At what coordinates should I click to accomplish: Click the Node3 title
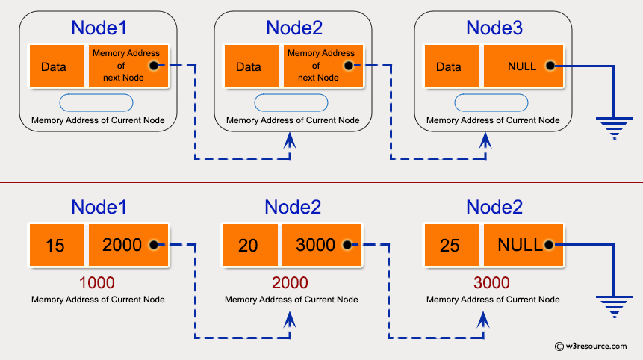(x=494, y=28)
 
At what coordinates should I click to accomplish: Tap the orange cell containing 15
(x=55, y=245)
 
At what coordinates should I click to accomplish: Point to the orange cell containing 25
(x=450, y=245)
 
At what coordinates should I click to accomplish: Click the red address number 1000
(x=97, y=283)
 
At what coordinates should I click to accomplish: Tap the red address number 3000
(x=491, y=283)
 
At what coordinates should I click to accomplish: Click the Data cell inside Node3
(x=450, y=66)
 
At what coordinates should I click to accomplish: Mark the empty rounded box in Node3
(x=492, y=102)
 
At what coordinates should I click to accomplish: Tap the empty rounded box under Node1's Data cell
(x=96, y=102)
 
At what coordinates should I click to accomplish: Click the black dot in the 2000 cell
(x=153, y=245)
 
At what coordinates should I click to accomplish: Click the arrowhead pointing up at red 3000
(x=483, y=320)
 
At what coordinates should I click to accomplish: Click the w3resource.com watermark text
(x=595, y=346)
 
